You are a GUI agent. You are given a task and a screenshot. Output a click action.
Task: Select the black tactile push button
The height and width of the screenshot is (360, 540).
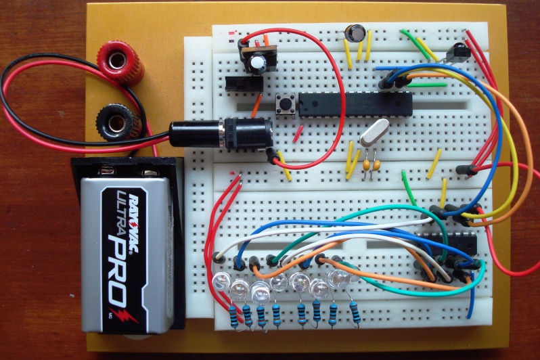click(287, 105)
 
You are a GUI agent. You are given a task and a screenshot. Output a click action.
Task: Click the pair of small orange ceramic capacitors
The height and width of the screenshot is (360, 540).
click(369, 164)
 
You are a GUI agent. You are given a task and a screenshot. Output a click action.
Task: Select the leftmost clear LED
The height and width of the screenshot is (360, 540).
click(221, 281)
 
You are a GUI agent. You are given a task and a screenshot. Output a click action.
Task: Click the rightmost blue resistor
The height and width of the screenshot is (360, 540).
click(355, 313)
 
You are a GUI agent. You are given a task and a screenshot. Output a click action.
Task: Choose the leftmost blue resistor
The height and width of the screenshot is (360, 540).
click(235, 315)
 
